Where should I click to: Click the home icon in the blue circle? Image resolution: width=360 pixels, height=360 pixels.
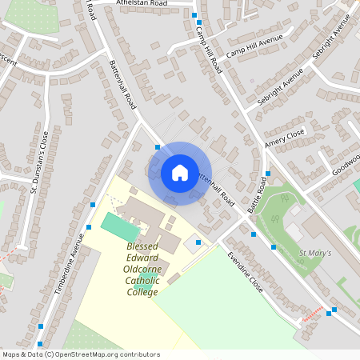pyautogui.click(x=180, y=173)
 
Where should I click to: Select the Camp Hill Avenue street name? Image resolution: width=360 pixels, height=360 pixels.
pyautogui.click(x=255, y=47)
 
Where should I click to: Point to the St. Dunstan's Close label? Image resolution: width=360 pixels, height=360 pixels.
pyautogui.click(x=40, y=163)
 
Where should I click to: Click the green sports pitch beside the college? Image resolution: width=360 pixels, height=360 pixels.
pyautogui.click(x=119, y=226)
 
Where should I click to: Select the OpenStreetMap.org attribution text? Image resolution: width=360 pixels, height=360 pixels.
pyautogui.click(x=104, y=354)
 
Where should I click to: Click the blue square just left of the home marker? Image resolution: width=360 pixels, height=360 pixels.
pyautogui.click(x=158, y=147)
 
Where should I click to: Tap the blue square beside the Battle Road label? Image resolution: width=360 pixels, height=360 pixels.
pyautogui.click(x=268, y=174)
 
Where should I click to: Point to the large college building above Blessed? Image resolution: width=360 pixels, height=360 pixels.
pyautogui.click(x=142, y=214)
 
